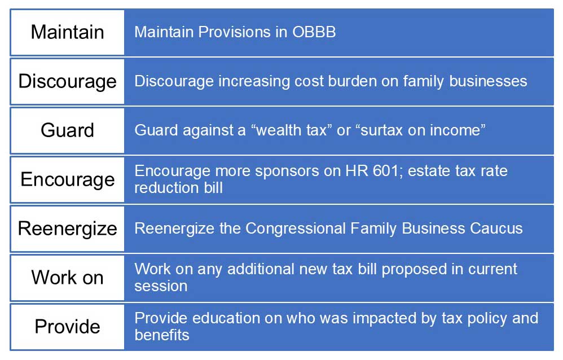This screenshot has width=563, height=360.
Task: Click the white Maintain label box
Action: point(67,32)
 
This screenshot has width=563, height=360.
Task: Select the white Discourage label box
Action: point(67,81)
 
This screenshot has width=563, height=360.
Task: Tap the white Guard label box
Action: point(67,130)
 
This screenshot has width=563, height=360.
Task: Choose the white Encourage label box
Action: point(67,179)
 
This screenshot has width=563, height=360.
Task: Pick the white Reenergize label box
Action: point(67,229)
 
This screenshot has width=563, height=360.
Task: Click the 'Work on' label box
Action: point(67,278)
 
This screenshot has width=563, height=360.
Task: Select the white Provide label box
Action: point(67,327)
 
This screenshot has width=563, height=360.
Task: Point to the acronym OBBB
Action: point(314,32)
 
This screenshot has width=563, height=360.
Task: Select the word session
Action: point(161,286)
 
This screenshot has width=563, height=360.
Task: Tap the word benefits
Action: point(162,335)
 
